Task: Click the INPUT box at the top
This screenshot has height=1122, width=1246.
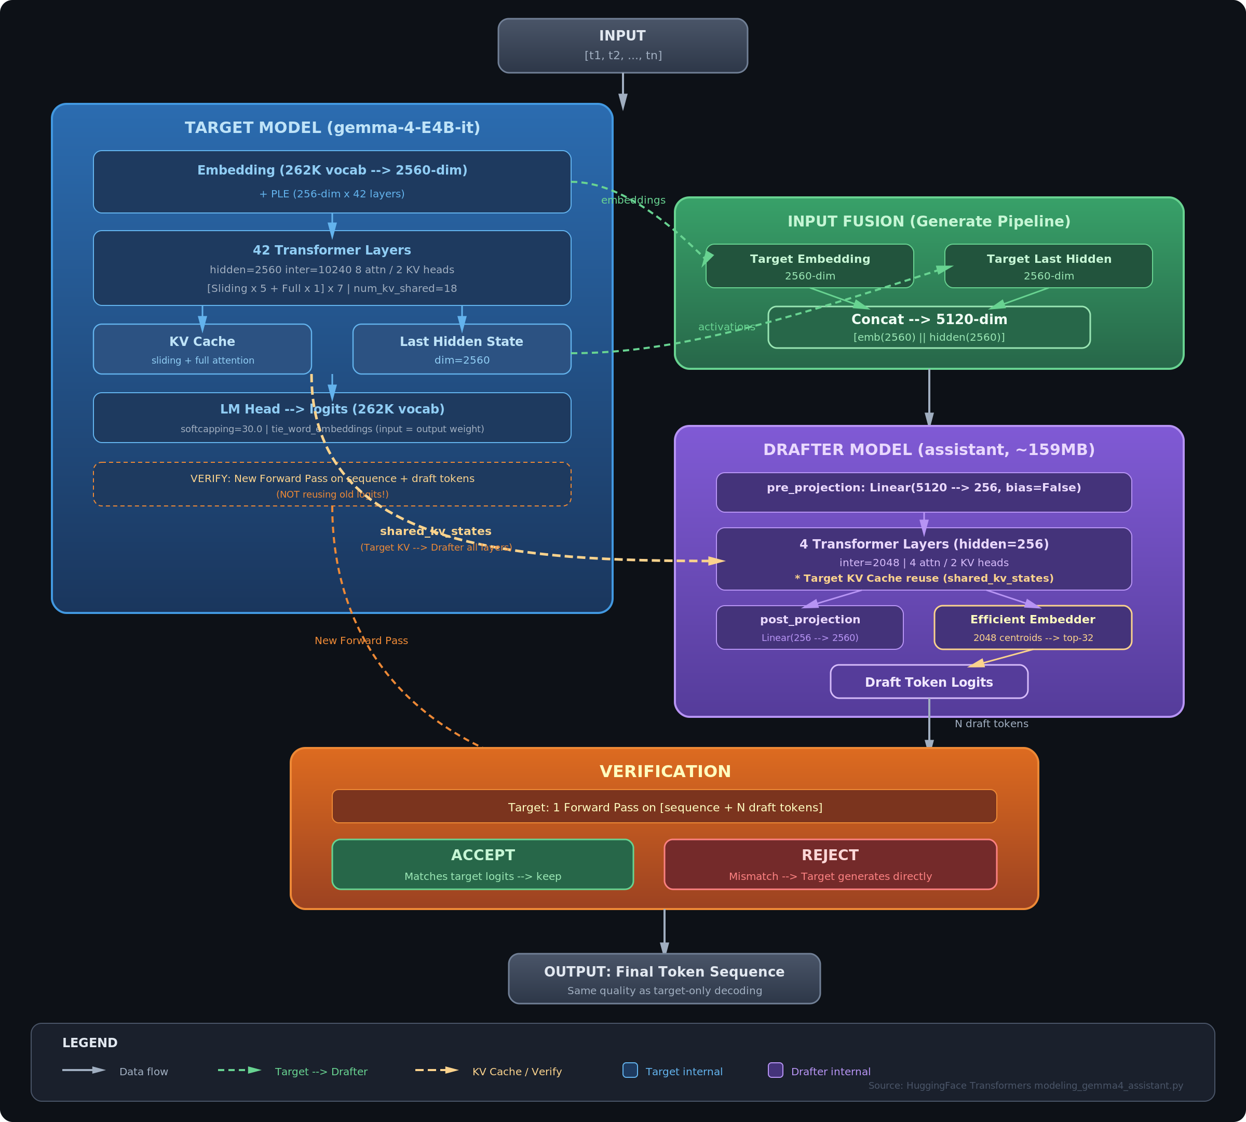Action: tap(622, 46)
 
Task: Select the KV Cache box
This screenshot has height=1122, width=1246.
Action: tap(202, 349)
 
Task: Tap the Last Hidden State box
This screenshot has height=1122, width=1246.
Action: tap(462, 349)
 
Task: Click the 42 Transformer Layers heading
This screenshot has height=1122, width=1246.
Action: tap(332, 250)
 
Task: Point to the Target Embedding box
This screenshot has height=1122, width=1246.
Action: tap(810, 266)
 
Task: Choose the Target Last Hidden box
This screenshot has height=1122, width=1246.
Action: tap(1048, 266)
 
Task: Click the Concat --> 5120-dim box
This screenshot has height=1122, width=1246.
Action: tap(929, 327)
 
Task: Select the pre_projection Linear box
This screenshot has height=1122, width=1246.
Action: tap(924, 492)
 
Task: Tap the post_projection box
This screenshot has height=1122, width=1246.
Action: tap(810, 627)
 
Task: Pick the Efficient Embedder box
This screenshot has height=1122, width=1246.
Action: tap(1033, 627)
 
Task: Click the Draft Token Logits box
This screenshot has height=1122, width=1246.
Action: tap(929, 681)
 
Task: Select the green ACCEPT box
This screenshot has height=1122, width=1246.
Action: tap(482, 864)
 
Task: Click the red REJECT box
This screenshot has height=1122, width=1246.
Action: tap(830, 864)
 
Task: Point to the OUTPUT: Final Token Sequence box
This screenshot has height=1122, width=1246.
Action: tap(665, 978)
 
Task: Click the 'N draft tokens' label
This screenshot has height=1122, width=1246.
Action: tap(992, 724)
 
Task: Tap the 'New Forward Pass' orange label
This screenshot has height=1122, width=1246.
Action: tap(361, 640)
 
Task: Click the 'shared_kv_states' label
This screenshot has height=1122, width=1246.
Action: tap(436, 531)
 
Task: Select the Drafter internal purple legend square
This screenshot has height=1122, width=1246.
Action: tap(775, 1070)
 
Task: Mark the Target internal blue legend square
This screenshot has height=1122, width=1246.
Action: tap(630, 1070)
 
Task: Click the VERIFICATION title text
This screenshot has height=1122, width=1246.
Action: tap(665, 772)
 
